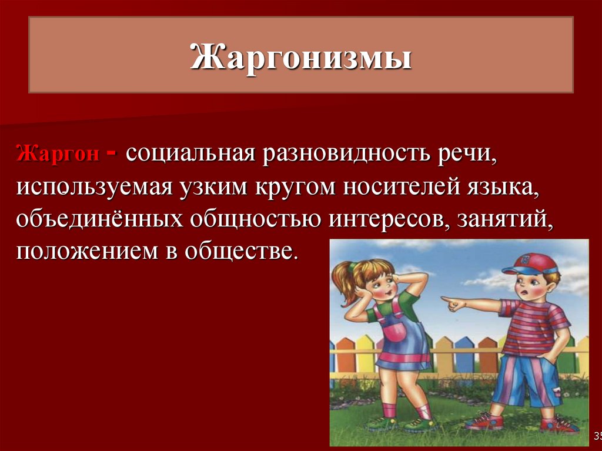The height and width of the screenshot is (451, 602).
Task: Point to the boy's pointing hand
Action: (451, 303)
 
